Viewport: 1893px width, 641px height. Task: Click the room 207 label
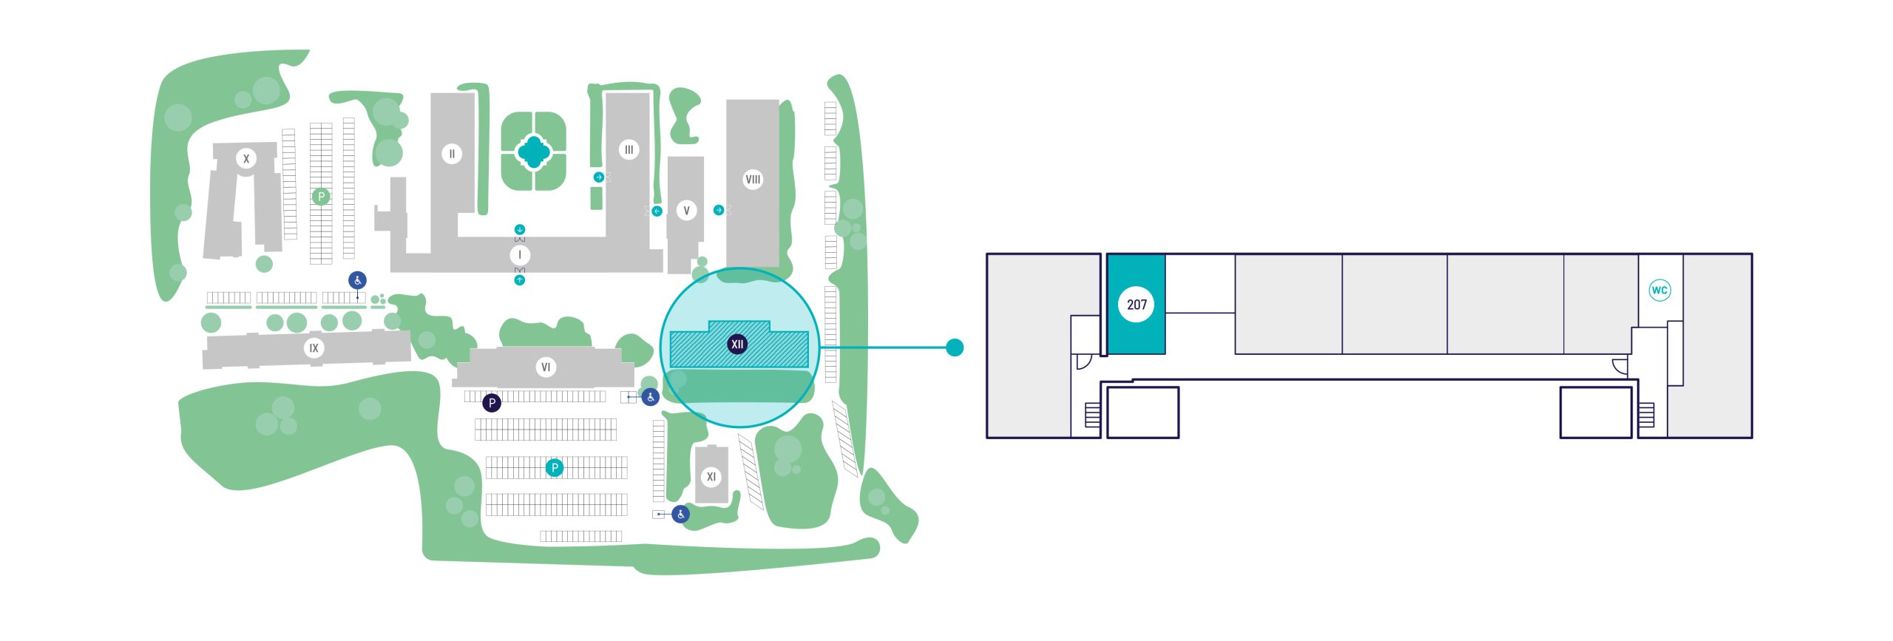point(1137,304)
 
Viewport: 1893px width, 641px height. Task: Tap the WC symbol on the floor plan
point(1659,290)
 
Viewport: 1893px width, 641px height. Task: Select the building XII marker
point(736,344)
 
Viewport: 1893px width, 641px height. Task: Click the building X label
point(246,158)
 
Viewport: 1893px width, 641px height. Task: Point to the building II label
point(452,154)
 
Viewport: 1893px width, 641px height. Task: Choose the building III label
point(629,149)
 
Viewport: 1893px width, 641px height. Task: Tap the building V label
point(686,211)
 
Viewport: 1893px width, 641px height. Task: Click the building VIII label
point(753,179)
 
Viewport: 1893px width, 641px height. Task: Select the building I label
point(520,255)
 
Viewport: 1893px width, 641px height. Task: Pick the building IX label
point(314,347)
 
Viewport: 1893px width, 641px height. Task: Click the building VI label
point(546,367)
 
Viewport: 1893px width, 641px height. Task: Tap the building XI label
point(711,476)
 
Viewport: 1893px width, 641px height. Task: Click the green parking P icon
point(321,197)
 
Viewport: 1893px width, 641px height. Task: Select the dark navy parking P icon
point(492,403)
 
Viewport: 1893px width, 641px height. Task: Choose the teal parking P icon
point(554,467)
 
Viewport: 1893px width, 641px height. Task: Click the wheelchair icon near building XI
point(680,514)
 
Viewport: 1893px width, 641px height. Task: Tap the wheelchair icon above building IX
point(358,280)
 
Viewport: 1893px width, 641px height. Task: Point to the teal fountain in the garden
point(533,152)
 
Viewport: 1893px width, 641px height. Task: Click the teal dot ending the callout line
point(955,347)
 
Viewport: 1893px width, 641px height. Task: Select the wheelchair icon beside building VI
point(650,397)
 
